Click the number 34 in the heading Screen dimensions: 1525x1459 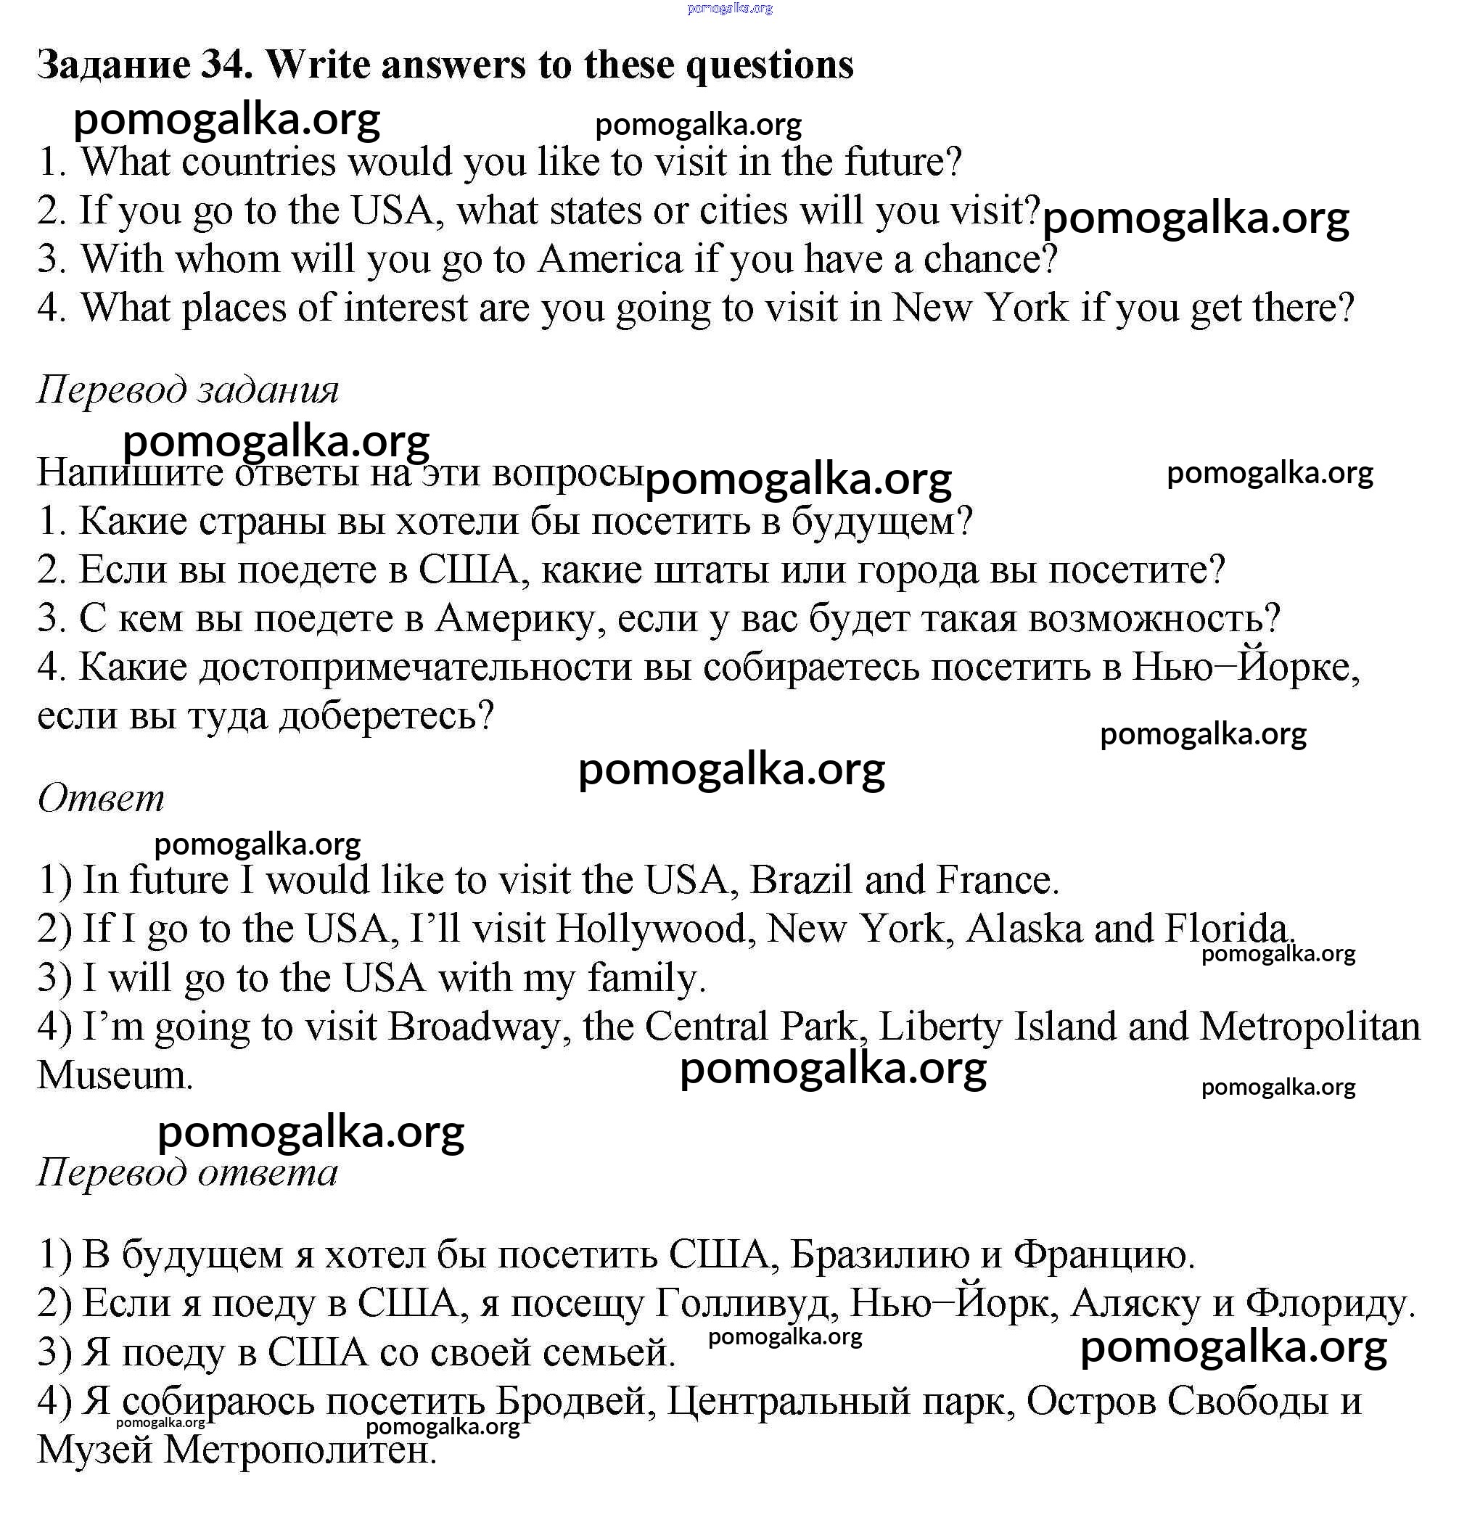pyautogui.click(x=226, y=65)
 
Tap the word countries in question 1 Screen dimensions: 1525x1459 pyautogui.click(x=259, y=163)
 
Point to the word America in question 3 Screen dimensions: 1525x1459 pyautogui.click(x=609, y=259)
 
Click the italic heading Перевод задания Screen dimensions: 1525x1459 pyautogui.click(x=188, y=389)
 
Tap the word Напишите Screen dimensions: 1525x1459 pyautogui.click(x=130, y=472)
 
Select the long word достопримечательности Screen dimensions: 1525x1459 pyautogui.click(x=415, y=667)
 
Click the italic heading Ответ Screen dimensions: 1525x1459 pyautogui.click(x=101, y=798)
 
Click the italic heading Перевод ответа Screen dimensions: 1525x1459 pyautogui.click(x=187, y=1172)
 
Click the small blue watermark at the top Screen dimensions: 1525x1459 pyautogui.click(x=730, y=9)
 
